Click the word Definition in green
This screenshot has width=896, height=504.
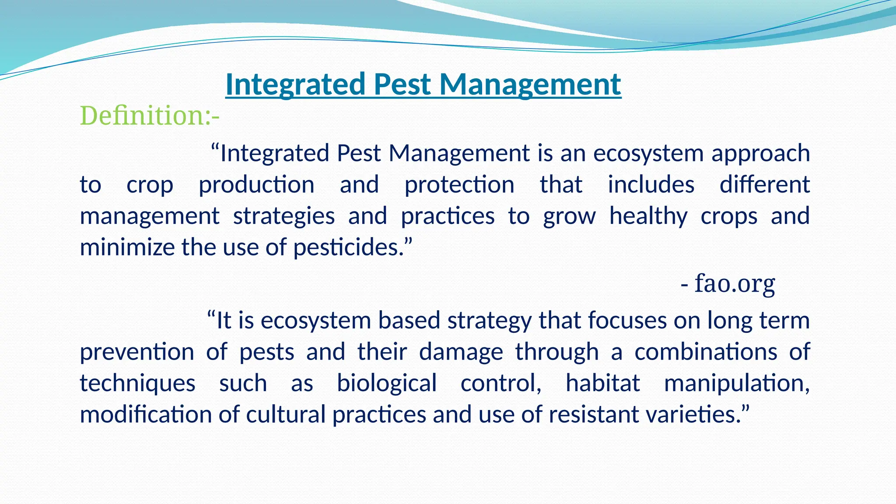pos(141,116)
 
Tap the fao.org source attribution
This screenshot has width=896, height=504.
pos(735,283)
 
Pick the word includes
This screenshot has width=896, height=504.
pos(651,185)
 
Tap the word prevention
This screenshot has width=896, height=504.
pos(137,352)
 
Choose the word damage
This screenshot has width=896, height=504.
pos(461,352)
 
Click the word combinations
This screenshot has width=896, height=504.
pos(706,352)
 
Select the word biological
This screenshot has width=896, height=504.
pos(386,384)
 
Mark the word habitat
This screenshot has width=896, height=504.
pos(602,383)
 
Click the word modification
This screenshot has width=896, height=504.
pos(146,414)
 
